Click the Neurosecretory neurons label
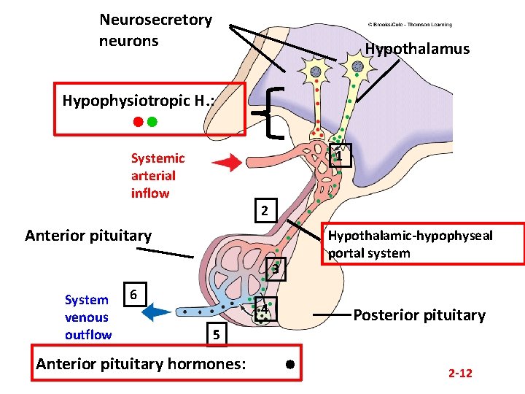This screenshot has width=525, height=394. (x=155, y=30)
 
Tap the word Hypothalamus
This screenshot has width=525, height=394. (x=417, y=49)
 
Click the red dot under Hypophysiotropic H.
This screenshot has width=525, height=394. (x=137, y=122)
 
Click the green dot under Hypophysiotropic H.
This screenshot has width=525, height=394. (x=152, y=122)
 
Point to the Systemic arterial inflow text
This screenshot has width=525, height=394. (x=157, y=176)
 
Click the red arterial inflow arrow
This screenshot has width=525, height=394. (x=230, y=163)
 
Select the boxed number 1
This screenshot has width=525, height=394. (x=341, y=155)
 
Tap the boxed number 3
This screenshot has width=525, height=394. (x=276, y=270)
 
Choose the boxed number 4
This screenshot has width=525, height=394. (x=265, y=310)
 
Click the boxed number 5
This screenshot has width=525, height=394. (x=216, y=335)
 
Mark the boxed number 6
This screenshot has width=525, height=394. (x=133, y=295)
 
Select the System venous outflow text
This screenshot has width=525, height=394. (x=87, y=317)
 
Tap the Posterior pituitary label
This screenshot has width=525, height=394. (x=419, y=315)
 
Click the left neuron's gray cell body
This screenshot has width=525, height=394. (x=316, y=72)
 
